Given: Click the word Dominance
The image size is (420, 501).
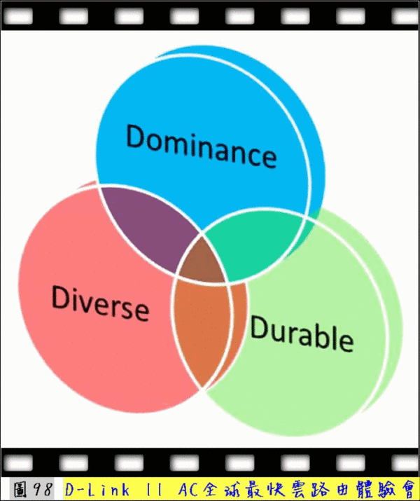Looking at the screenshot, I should coord(202,146).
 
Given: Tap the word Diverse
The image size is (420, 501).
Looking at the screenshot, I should coord(100,303).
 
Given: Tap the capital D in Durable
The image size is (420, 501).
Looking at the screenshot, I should coord(260,327).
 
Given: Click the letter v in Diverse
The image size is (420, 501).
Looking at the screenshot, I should coord(87,302).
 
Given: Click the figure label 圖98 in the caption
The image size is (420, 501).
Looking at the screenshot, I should coord(32,489).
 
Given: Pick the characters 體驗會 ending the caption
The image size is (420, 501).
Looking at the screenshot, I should coord(382,489).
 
